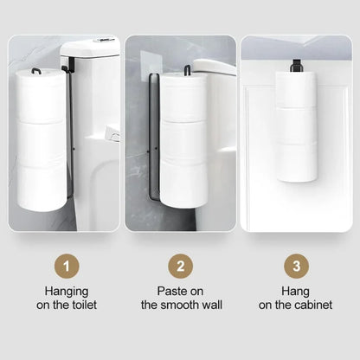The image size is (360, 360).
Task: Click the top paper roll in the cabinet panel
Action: coord(297,88)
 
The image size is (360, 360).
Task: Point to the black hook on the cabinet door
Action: coord(296,64)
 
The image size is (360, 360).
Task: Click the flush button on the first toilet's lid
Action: coord(106,40)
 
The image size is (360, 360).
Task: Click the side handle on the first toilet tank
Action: coord(112,134)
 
